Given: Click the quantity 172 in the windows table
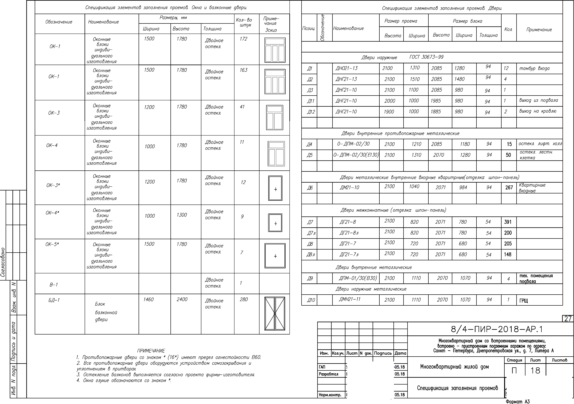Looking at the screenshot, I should point(243,39).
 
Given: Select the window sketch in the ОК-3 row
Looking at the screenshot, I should point(275,117).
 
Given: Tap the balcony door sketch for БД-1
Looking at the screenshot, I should point(275,314).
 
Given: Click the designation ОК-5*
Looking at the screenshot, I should point(52,244).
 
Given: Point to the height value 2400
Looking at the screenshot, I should point(182,299).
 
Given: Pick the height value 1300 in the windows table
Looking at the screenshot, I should point(181,215).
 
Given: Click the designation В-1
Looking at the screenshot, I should point(53,285).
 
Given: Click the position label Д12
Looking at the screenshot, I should point(311,112).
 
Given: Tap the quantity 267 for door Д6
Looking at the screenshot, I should point(509,188).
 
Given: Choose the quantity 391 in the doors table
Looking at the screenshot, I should point(508,222).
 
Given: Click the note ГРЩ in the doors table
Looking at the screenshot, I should point(524,301).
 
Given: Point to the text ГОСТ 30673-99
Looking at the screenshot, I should point(426,57).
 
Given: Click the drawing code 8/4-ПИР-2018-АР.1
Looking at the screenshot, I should point(497,329).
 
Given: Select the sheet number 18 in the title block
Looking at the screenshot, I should point(535,370).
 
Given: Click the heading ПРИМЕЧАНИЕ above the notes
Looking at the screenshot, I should point(151,351).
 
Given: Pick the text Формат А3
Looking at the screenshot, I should point(517,401).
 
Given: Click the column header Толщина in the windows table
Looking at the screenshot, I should point(212,29).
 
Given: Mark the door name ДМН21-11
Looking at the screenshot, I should point(350,299).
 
